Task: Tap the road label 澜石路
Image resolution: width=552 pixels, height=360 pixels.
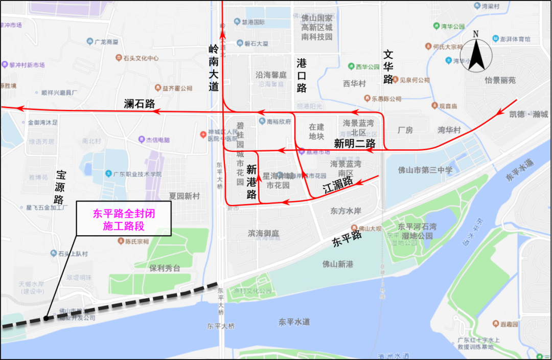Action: pyautogui.click(x=139, y=104)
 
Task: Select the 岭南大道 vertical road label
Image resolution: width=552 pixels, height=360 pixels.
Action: pyautogui.click(x=214, y=68)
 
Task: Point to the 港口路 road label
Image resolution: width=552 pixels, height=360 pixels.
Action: pyautogui.click(x=302, y=75)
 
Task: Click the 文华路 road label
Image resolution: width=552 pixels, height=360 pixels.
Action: pyautogui.click(x=388, y=67)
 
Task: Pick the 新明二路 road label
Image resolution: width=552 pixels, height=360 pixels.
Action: pyautogui.click(x=355, y=143)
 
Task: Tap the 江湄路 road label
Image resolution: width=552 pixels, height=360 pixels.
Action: pyautogui.click(x=338, y=186)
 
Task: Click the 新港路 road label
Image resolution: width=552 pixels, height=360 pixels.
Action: pyautogui.click(x=251, y=182)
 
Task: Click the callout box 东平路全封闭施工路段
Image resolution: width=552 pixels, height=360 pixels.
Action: pyautogui.click(x=124, y=220)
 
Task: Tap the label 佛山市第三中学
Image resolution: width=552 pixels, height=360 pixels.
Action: pyautogui.click(x=425, y=170)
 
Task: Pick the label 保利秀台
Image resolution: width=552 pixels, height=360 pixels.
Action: pyautogui.click(x=165, y=268)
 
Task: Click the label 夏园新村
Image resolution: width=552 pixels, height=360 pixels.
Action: pyautogui.click(x=185, y=196)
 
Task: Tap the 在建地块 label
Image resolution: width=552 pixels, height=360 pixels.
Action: pyautogui.click(x=316, y=131)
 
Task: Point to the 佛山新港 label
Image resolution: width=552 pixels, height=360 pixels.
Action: pyautogui.click(x=338, y=264)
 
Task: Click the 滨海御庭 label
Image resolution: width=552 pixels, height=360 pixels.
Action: pyautogui.click(x=264, y=233)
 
